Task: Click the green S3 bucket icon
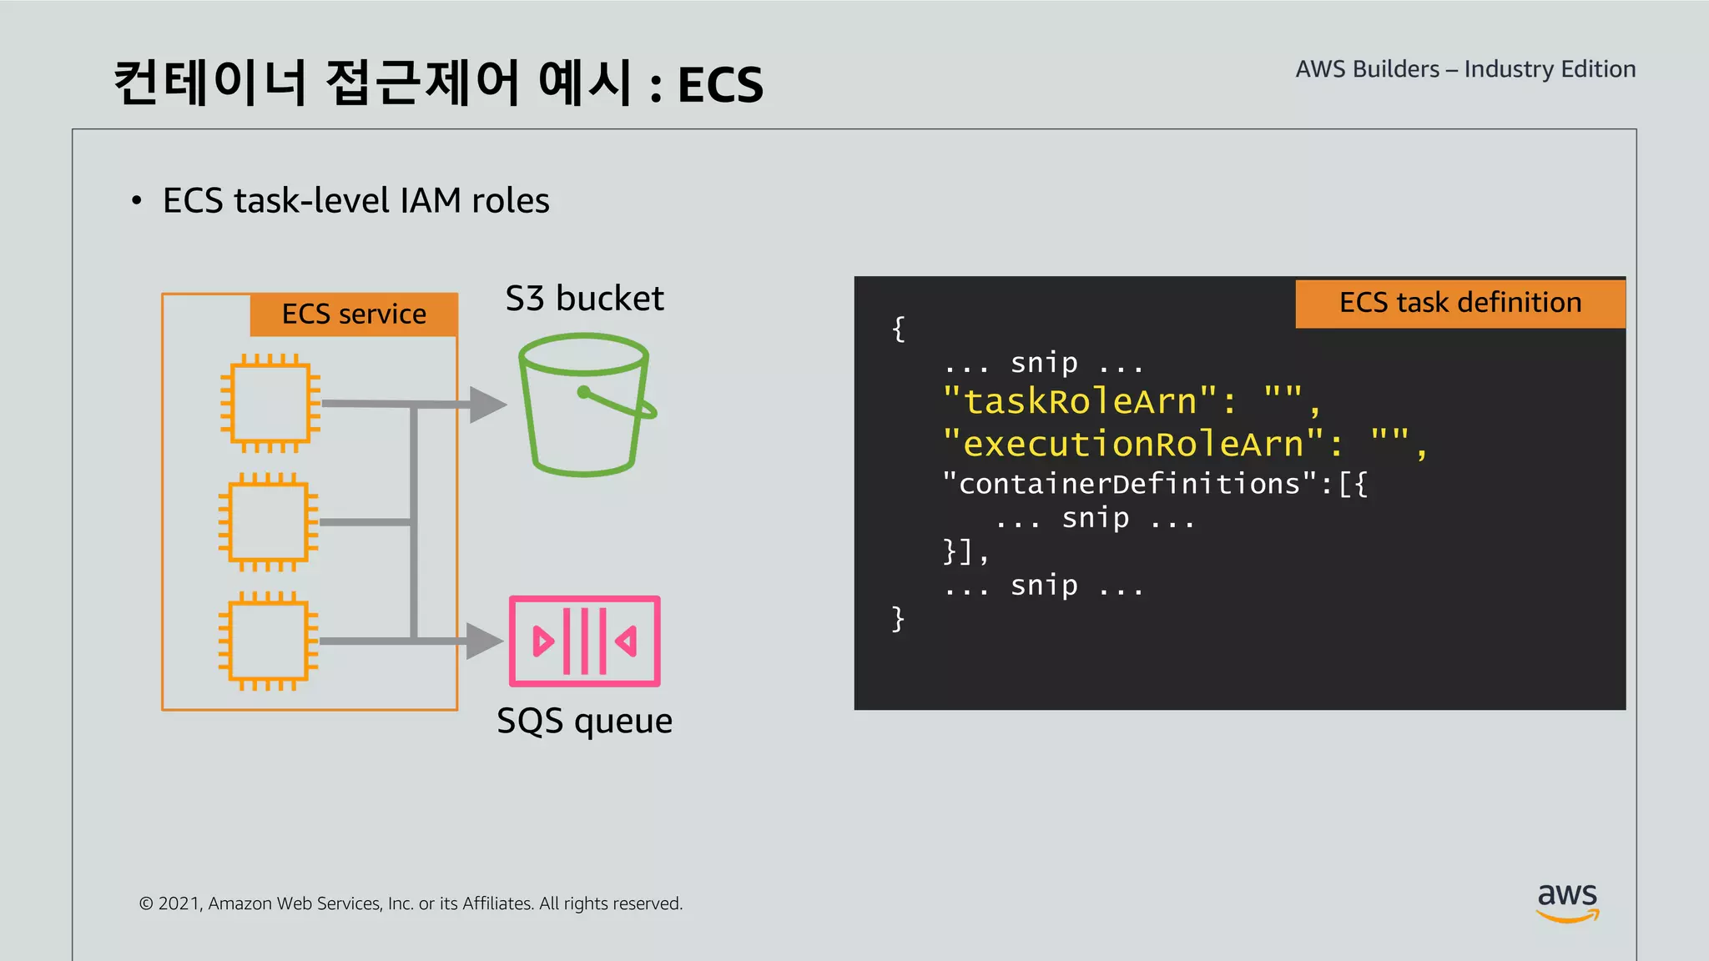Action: tap(584, 405)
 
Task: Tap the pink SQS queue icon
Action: tap(584, 641)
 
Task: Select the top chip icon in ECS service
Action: tap(270, 403)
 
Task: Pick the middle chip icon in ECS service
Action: tap(268, 522)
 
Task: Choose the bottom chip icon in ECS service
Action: tap(268, 641)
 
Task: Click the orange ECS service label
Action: tap(354, 314)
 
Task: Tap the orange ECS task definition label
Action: tap(1459, 303)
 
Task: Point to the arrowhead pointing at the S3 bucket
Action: tap(487, 405)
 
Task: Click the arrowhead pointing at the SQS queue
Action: tap(484, 641)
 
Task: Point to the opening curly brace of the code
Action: tap(898, 329)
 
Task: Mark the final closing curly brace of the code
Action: tap(898, 619)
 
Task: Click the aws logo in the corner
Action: tap(1567, 902)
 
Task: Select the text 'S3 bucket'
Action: tap(584, 299)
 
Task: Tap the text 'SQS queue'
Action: tap(584, 721)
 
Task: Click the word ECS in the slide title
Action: tap(720, 85)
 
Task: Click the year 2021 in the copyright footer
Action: tap(179, 903)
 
